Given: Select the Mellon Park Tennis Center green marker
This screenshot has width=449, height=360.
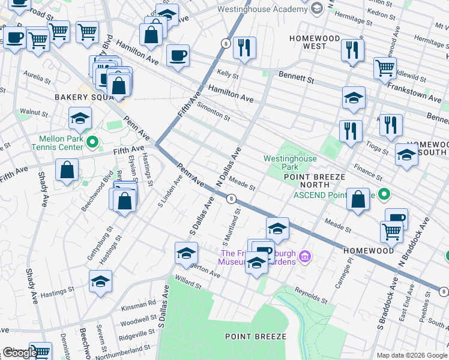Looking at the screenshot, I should click(92, 142).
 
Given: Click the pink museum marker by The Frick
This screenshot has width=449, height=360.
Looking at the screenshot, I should click(306, 257).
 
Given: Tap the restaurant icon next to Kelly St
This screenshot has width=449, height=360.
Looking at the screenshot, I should click(244, 49).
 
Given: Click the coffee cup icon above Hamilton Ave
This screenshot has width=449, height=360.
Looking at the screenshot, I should click(178, 56).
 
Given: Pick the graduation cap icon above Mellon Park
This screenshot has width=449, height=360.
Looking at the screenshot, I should click(80, 119).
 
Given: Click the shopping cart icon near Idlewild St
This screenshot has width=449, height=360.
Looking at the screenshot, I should click(385, 68).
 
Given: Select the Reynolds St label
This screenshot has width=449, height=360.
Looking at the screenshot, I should click(311, 295).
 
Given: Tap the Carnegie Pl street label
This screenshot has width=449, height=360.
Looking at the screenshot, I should click(340, 274).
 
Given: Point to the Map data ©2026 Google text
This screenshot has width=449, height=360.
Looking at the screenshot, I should click(412, 355).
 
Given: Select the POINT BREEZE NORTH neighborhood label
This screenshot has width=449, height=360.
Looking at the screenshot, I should click(315, 181).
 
